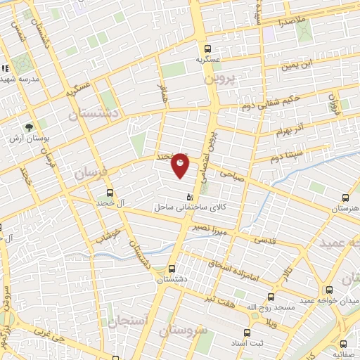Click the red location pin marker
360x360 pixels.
pyautogui.click(x=181, y=165)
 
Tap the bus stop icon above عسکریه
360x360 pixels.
pyautogui.click(x=207, y=49)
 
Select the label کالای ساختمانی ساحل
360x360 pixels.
pyautogui.click(x=188, y=207)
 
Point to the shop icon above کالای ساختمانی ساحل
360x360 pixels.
pyautogui.click(x=188, y=197)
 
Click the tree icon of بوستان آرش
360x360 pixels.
pyautogui.click(x=29, y=127)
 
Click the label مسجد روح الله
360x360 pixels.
pyautogui.click(x=268, y=307)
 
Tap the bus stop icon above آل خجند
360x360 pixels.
pyautogui.click(x=110, y=193)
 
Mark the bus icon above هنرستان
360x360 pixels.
pyautogui.click(x=345, y=198)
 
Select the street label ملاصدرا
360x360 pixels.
pyautogui.click(x=290, y=22)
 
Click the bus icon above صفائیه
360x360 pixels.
pyautogui.click(x=343, y=344)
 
